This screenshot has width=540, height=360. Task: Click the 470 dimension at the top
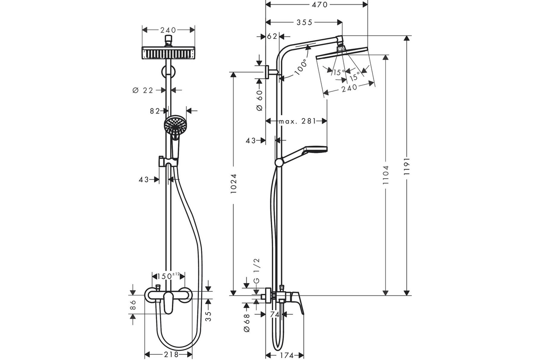319,4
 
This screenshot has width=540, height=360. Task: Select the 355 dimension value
304,22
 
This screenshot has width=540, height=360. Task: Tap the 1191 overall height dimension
407,166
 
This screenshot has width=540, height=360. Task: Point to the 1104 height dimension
386,175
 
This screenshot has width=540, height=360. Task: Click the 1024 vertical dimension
233,184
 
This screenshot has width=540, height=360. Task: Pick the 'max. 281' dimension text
297,121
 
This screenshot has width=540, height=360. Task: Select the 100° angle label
301,67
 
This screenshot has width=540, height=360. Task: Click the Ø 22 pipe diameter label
143,90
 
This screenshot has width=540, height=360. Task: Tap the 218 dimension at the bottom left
171,354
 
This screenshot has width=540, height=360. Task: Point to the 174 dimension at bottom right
287,355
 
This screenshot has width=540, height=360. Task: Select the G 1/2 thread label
256,271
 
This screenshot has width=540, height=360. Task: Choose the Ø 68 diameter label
247,323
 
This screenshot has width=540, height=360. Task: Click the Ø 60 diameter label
259,100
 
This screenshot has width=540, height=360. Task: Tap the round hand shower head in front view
175,125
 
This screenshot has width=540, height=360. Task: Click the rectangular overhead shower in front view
168,53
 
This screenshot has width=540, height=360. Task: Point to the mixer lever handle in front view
168,302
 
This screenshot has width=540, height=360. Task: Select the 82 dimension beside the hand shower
155,111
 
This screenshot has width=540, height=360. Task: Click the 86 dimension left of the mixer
133,305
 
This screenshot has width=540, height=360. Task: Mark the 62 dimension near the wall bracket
272,36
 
